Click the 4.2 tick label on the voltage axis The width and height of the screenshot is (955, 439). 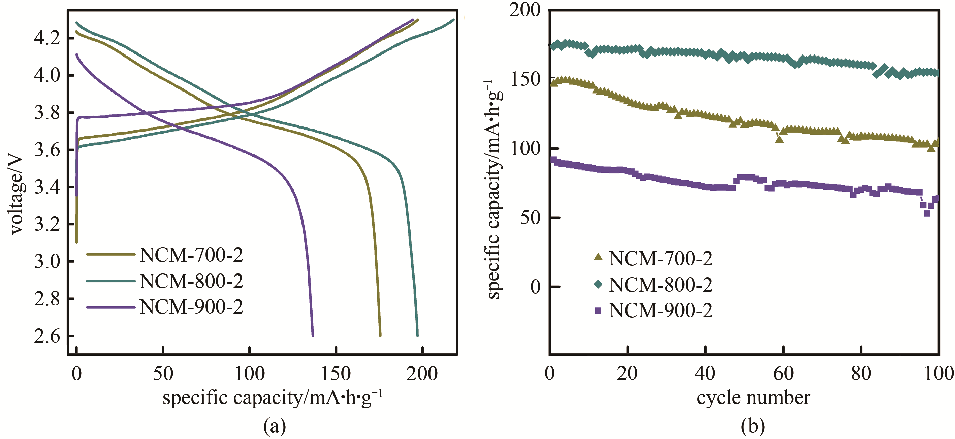point(47,38)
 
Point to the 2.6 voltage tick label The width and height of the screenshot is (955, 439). point(47,336)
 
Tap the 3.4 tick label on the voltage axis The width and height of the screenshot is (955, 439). point(47,187)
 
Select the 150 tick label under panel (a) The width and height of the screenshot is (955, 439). point(336,374)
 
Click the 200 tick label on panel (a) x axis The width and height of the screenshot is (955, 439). point(422,374)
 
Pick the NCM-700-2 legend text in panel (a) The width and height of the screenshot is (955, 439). point(191,255)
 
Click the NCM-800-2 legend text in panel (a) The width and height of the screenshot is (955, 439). point(191,281)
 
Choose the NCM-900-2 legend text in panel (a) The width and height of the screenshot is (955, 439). point(191,307)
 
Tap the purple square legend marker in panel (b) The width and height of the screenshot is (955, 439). point(598,310)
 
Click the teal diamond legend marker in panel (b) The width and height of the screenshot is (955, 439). point(598,284)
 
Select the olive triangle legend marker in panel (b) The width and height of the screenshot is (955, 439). point(598,257)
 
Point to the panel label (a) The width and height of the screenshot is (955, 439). point(274,427)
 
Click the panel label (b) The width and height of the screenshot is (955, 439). point(753,427)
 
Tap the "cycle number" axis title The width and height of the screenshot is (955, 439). point(753,398)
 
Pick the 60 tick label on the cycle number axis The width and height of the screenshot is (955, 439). point(783,374)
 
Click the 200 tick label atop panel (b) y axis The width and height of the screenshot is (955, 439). point(524,10)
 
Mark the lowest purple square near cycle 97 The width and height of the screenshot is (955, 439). point(927,213)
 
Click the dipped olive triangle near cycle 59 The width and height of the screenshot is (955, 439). point(779,140)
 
